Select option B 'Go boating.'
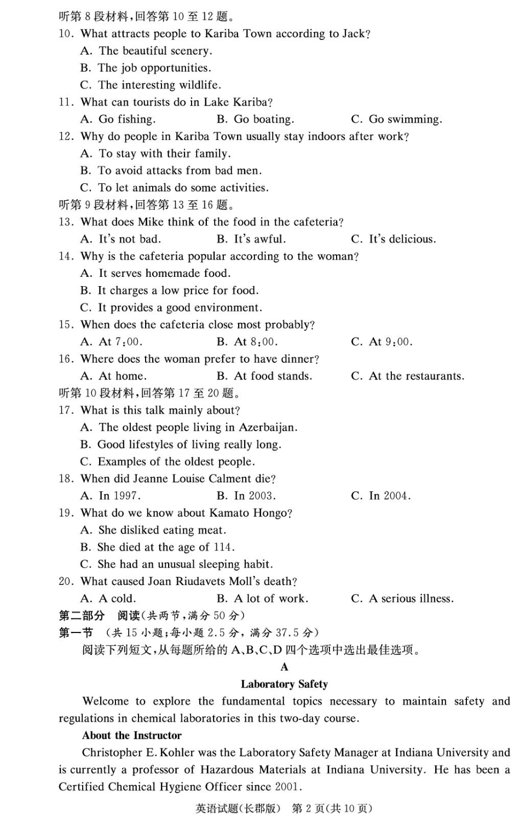point(256,119)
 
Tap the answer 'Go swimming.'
point(396,119)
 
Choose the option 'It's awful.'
point(251,239)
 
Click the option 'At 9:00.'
point(382,342)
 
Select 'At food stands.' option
point(264,376)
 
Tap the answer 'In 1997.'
point(111,496)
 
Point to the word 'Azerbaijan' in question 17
point(268,427)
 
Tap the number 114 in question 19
point(223,547)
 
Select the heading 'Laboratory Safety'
point(284,684)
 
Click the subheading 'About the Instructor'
point(132,735)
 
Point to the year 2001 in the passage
point(288,787)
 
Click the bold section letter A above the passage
point(284,667)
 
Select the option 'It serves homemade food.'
point(155,274)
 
